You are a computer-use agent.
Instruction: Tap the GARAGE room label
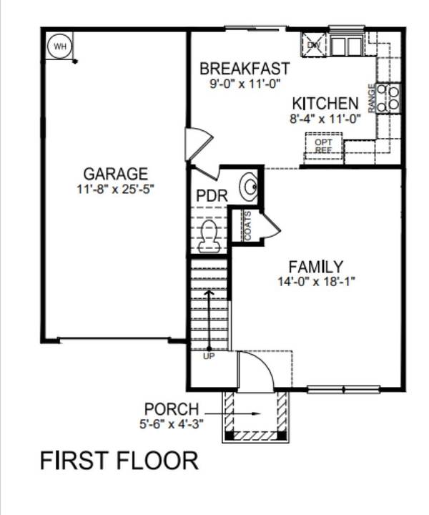coord(116,174)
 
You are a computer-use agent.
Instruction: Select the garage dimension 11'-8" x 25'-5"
coord(116,190)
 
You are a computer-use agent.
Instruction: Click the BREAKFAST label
coord(245,69)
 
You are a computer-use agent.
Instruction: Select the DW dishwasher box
coord(313,44)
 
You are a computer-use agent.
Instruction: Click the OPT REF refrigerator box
coord(324,147)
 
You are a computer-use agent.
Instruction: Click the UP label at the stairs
coord(209,355)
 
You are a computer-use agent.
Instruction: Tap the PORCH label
coord(172,408)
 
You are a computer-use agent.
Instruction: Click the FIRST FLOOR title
coord(119,460)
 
